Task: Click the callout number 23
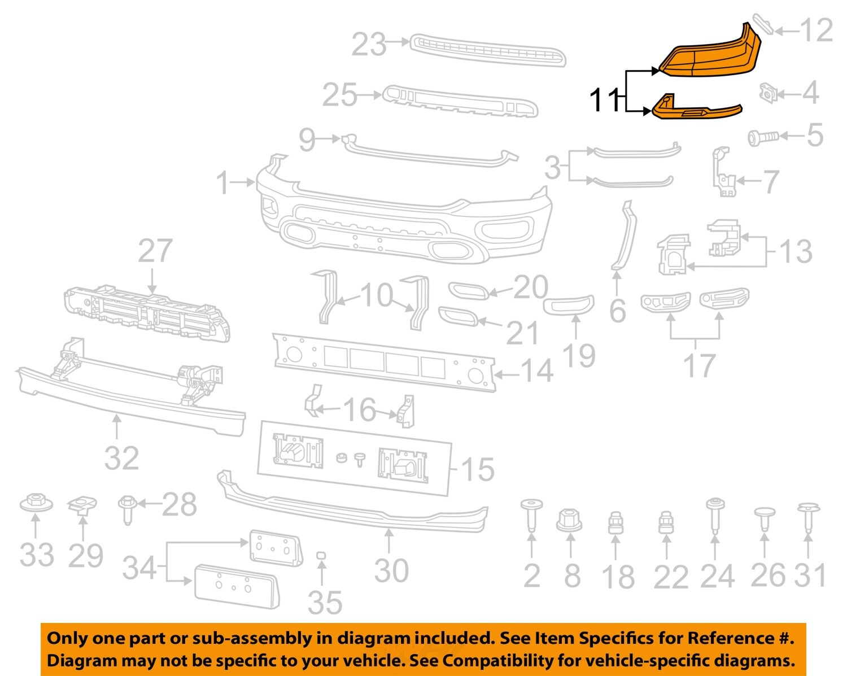369,45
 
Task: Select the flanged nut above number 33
36,502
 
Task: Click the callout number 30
391,571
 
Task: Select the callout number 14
536,372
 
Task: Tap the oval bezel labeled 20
468,290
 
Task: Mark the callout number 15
478,469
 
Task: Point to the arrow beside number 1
245,182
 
